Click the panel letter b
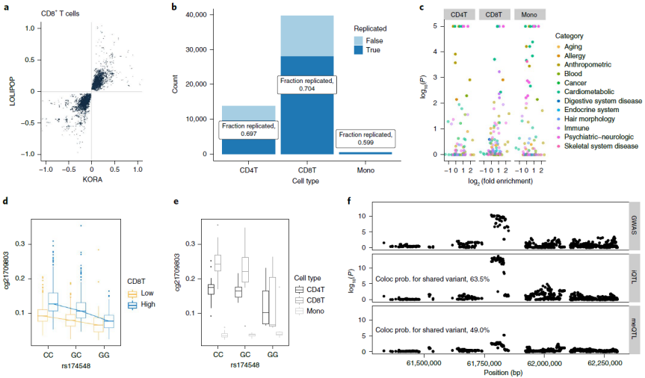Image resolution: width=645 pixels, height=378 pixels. click(195, 7)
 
